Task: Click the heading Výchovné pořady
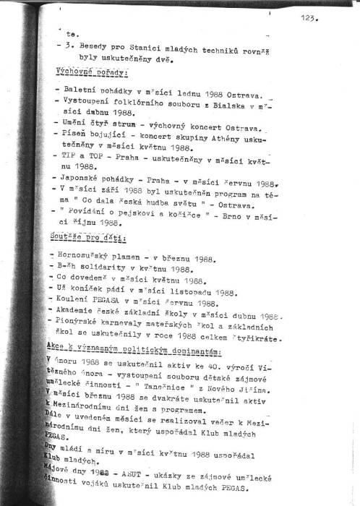click(x=92, y=73)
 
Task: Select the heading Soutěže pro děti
click(x=87, y=238)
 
